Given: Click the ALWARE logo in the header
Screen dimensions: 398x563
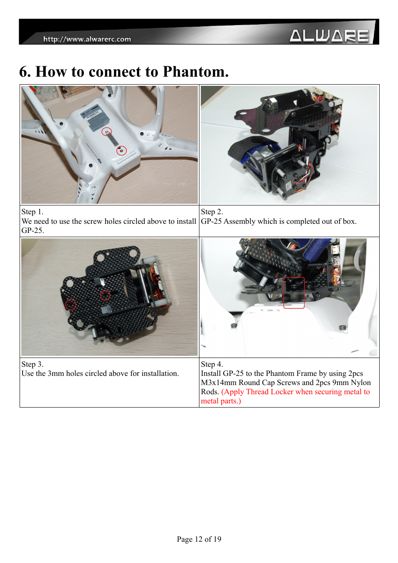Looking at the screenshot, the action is pos(329,35).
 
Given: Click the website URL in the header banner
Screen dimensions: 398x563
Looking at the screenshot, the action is pos(87,39).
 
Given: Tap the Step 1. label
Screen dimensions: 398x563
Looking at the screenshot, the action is pos(33,212).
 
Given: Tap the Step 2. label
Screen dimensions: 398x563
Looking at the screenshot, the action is pos(212,212).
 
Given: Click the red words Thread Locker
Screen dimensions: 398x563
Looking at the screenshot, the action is pos(270,392).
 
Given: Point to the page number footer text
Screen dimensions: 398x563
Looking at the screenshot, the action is pos(199,539).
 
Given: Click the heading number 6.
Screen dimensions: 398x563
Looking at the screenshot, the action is pos(25,72).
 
